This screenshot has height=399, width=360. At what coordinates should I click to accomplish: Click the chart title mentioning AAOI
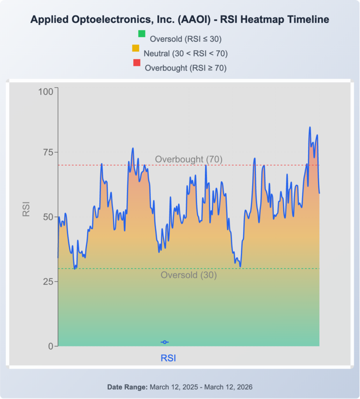click(x=180, y=20)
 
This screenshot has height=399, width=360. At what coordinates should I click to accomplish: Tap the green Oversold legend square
click(x=142, y=33)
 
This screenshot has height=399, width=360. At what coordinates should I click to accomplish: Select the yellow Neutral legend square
click(x=136, y=48)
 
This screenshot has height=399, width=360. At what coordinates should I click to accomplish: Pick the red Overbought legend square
click(x=137, y=62)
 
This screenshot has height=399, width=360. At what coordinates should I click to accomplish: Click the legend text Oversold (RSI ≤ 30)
click(x=186, y=38)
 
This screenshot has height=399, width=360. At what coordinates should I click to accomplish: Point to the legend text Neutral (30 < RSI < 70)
click(x=186, y=53)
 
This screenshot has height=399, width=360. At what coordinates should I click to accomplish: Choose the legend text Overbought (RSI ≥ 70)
click(x=186, y=68)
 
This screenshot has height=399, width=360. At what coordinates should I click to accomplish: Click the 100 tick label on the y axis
click(x=46, y=92)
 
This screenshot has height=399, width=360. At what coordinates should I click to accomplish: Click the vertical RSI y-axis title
click(x=26, y=209)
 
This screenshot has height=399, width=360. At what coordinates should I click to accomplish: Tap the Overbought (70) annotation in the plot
click(x=189, y=159)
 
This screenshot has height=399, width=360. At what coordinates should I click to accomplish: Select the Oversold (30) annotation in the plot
click(x=189, y=275)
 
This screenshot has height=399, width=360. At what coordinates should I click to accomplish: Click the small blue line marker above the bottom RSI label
click(x=165, y=342)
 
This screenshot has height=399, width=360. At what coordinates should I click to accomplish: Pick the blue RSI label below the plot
click(x=168, y=358)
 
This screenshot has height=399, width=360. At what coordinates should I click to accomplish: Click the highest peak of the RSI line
click(x=310, y=127)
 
